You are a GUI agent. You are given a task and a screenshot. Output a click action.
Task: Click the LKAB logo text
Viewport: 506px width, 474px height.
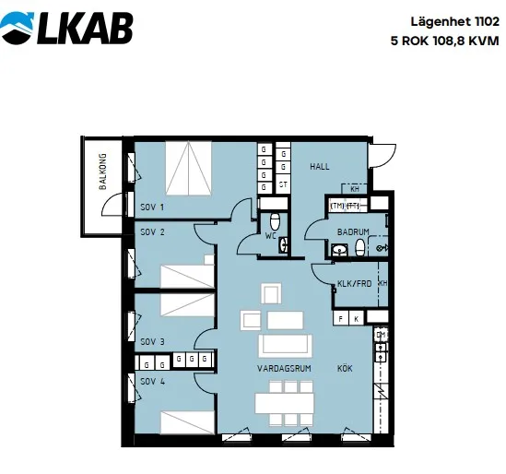click(85, 29)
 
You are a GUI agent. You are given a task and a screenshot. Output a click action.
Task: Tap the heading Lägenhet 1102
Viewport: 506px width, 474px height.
click(454, 23)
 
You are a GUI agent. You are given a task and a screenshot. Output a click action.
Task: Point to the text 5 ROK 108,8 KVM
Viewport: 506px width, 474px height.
click(444, 41)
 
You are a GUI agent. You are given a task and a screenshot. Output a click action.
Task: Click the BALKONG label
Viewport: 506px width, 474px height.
click(102, 172)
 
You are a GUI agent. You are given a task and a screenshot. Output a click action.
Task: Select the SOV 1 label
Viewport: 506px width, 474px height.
click(152, 207)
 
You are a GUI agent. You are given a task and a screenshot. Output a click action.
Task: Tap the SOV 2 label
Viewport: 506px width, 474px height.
click(152, 231)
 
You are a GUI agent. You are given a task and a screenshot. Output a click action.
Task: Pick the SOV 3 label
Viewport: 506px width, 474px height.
click(152, 341)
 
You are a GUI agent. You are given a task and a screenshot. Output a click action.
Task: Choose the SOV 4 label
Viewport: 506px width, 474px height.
click(152, 382)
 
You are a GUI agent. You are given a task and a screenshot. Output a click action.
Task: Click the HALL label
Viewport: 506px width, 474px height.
click(320, 167)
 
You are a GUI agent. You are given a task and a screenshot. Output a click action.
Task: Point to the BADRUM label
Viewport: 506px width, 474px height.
click(353, 231)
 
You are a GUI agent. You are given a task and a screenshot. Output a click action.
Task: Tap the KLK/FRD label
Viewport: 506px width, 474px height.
click(354, 284)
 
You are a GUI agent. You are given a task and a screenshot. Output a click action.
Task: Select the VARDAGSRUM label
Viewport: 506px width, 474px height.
click(284, 369)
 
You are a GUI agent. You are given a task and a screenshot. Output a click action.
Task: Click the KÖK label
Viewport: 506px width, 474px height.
click(345, 368)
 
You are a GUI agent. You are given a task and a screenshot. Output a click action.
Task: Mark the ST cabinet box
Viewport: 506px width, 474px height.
click(283, 184)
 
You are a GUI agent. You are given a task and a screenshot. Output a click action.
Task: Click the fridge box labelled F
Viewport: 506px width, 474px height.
click(341, 319)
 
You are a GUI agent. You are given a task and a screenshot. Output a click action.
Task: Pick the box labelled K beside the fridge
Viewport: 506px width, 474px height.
click(357, 319)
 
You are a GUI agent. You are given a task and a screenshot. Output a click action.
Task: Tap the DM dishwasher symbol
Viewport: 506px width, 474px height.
click(382, 335)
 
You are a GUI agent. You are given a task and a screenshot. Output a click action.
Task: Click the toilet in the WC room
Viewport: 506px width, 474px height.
click(275, 220)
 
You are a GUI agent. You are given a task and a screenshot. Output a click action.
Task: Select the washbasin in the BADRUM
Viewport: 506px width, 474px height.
click(339, 250)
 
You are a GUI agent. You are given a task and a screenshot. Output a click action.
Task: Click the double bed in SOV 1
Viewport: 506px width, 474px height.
click(189, 168)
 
